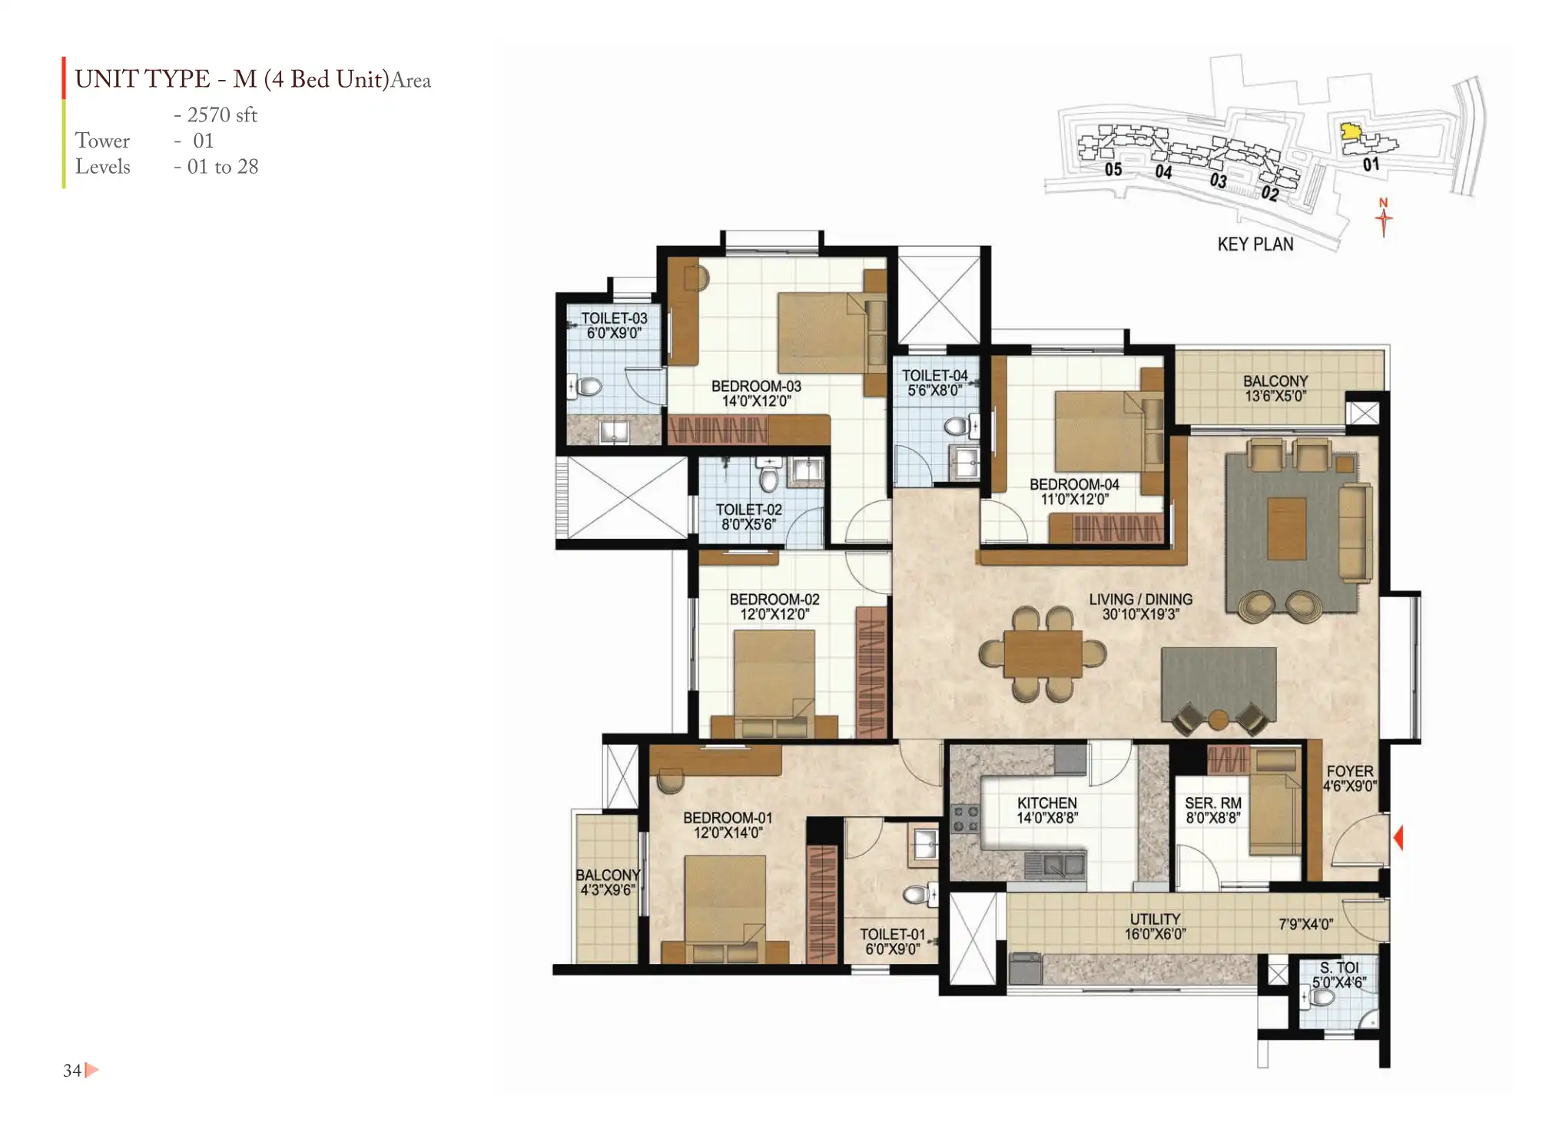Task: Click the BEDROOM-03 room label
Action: pyautogui.click(x=756, y=386)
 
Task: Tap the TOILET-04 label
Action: pyautogui.click(x=934, y=375)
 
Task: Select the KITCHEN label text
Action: pyautogui.click(x=1046, y=802)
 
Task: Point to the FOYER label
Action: pyautogui.click(x=1350, y=771)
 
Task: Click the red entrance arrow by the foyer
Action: pyautogui.click(x=1398, y=837)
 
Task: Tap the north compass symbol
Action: pyautogui.click(x=1384, y=218)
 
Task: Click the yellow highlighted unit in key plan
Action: pyautogui.click(x=1350, y=131)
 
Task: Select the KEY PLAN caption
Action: pyautogui.click(x=1255, y=244)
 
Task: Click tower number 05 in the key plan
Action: pyautogui.click(x=1113, y=169)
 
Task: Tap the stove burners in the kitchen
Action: pyautogui.click(x=965, y=819)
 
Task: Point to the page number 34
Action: pyautogui.click(x=72, y=1070)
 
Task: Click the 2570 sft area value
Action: pyautogui.click(x=222, y=115)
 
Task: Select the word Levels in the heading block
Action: pyautogui.click(x=102, y=166)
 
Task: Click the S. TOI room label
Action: pyautogui.click(x=1339, y=968)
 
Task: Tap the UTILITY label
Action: pyautogui.click(x=1155, y=919)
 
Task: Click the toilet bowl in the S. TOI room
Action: pyautogui.click(x=1320, y=998)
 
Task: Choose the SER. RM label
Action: pyautogui.click(x=1213, y=802)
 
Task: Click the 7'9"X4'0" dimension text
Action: pyautogui.click(x=1306, y=924)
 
